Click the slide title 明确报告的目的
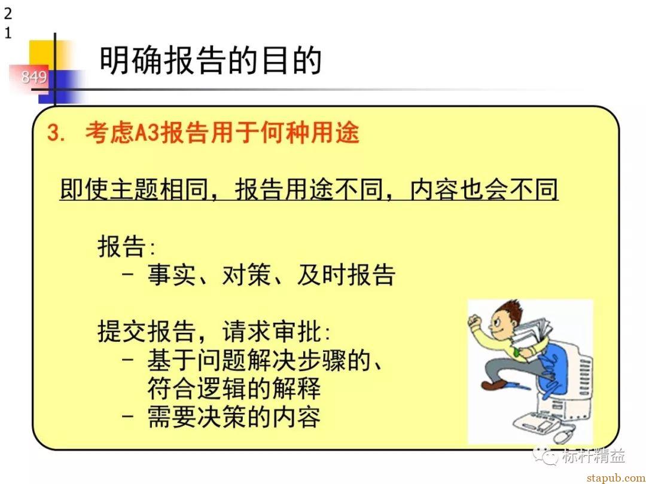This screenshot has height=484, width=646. pos(211,60)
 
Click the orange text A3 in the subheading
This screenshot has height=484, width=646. pos(148,133)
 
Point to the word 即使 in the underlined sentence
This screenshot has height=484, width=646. pos(84,189)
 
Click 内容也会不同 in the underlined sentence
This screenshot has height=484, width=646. pos(484,189)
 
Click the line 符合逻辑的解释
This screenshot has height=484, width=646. pos(234,388)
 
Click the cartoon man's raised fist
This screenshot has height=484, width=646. pos(475,322)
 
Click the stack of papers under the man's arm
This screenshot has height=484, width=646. pos(532,338)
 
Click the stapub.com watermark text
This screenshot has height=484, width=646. pos(616,477)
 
